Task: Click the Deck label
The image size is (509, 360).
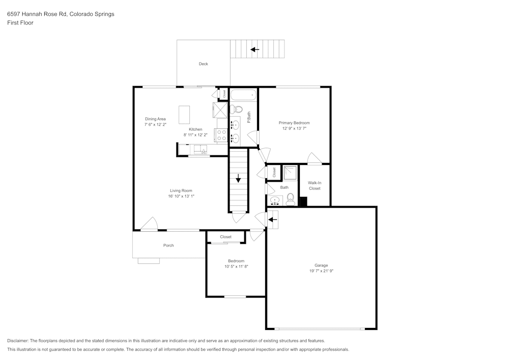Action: click(x=203, y=64)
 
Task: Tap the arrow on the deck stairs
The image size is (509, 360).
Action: click(x=254, y=49)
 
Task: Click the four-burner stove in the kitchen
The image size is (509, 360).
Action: click(x=222, y=135)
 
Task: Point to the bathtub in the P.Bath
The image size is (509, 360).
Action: click(x=244, y=95)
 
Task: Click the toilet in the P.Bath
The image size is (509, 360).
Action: click(x=237, y=109)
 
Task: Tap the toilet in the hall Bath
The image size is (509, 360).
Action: click(x=291, y=199)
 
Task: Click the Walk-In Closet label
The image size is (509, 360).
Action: click(x=314, y=185)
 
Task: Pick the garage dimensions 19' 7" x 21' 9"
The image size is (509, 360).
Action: click(x=321, y=271)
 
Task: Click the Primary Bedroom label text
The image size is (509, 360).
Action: click(x=294, y=123)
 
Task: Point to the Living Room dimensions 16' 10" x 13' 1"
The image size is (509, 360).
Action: click(x=181, y=196)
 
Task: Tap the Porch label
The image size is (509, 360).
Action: click(x=168, y=245)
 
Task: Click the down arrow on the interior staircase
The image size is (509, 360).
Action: click(x=238, y=178)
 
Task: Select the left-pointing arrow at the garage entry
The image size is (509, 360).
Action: click(x=272, y=219)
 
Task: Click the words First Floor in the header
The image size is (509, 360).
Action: click(x=20, y=23)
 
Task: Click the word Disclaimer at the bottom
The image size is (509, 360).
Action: click(x=18, y=341)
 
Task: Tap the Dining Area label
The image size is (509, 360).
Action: click(x=155, y=119)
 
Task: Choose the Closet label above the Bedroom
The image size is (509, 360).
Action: click(x=225, y=237)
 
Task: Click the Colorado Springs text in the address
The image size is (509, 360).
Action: click(x=95, y=14)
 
